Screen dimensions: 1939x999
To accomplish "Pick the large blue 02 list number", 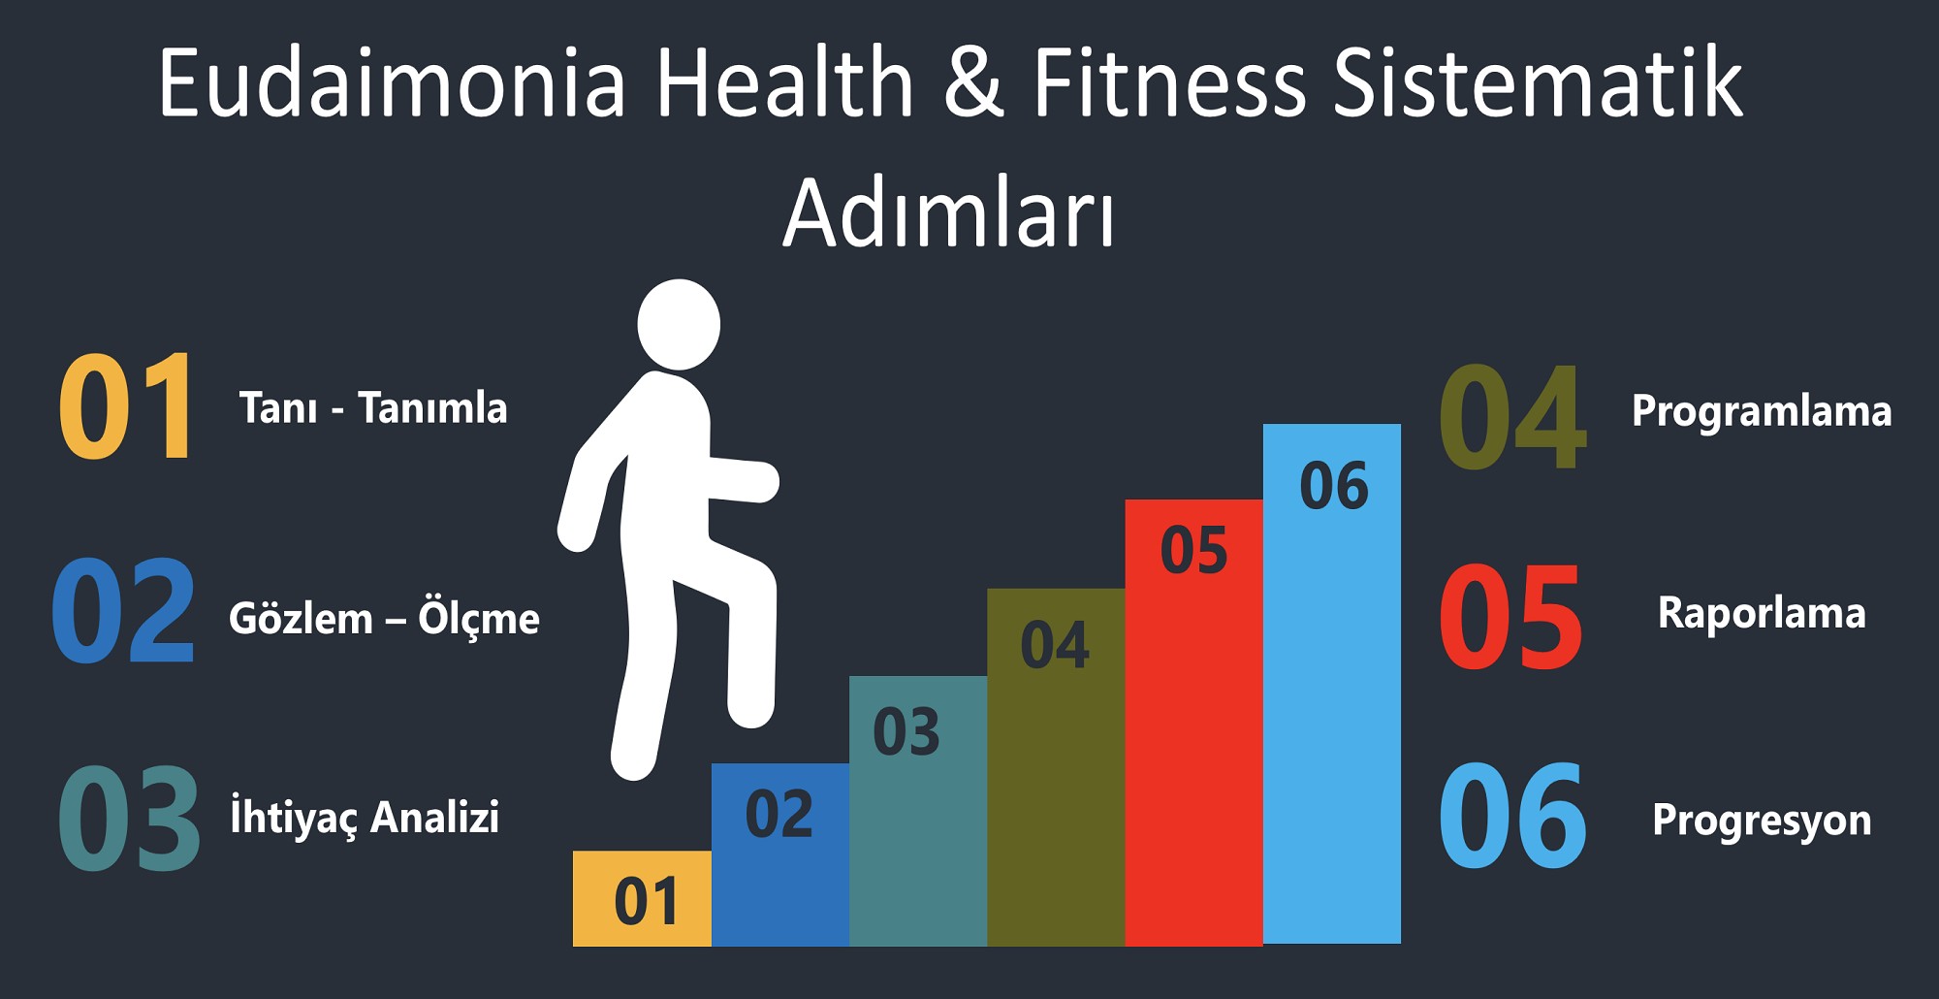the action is point(124,611).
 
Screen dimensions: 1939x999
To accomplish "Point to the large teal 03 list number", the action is point(128,818).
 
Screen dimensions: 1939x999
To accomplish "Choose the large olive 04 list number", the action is point(1512,417).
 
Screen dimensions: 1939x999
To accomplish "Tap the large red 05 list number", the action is point(1510,618).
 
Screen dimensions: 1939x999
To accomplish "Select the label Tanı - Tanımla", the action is point(373,408).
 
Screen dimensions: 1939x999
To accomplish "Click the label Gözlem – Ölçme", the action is point(384,619).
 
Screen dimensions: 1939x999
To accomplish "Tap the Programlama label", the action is point(1762,412).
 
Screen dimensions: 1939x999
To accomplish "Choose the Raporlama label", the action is point(1762,614).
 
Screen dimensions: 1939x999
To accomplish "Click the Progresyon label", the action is point(1762,821).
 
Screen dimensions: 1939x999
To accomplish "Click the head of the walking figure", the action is point(679,325).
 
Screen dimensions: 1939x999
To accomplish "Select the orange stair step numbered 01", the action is point(642,898).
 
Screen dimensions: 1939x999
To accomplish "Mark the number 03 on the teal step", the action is point(906,732).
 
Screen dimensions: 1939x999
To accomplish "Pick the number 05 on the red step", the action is point(1193,551).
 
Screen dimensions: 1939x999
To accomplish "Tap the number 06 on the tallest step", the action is point(1334,486).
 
